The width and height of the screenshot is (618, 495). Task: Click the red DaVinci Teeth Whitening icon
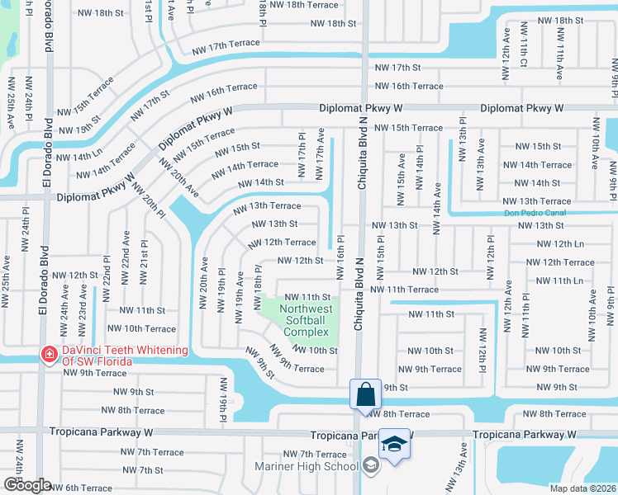tap(50, 353)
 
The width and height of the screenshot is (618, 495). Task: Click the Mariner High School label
tap(317, 466)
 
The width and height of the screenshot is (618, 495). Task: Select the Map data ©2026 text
tap(583, 488)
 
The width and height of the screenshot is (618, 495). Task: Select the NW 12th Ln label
tap(560, 243)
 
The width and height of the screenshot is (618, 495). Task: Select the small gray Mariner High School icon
tap(371, 466)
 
